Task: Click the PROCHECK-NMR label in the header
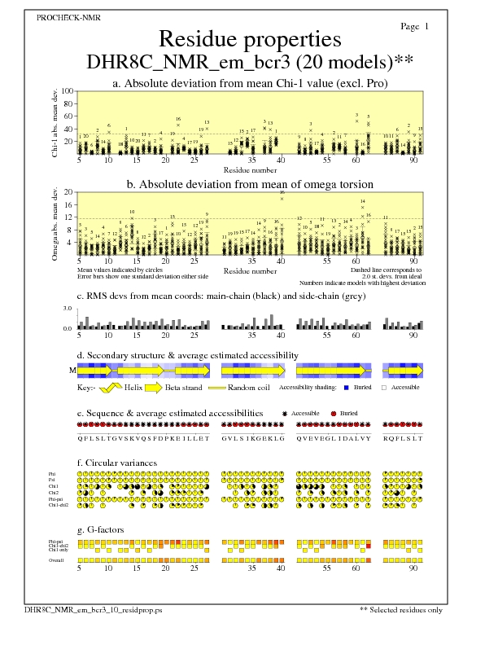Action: click(69, 18)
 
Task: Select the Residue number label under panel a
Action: click(249, 169)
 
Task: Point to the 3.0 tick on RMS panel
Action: click(68, 309)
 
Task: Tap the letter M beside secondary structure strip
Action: click(72, 370)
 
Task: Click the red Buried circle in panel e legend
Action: click(334, 414)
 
